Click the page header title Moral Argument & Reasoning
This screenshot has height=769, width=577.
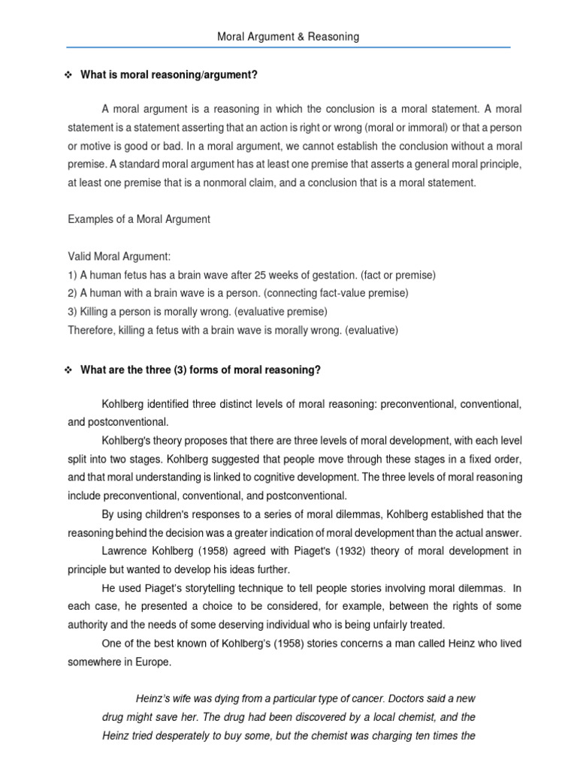click(288, 36)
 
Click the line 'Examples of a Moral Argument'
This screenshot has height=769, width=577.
click(139, 219)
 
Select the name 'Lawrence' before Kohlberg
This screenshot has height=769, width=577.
click(124, 550)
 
